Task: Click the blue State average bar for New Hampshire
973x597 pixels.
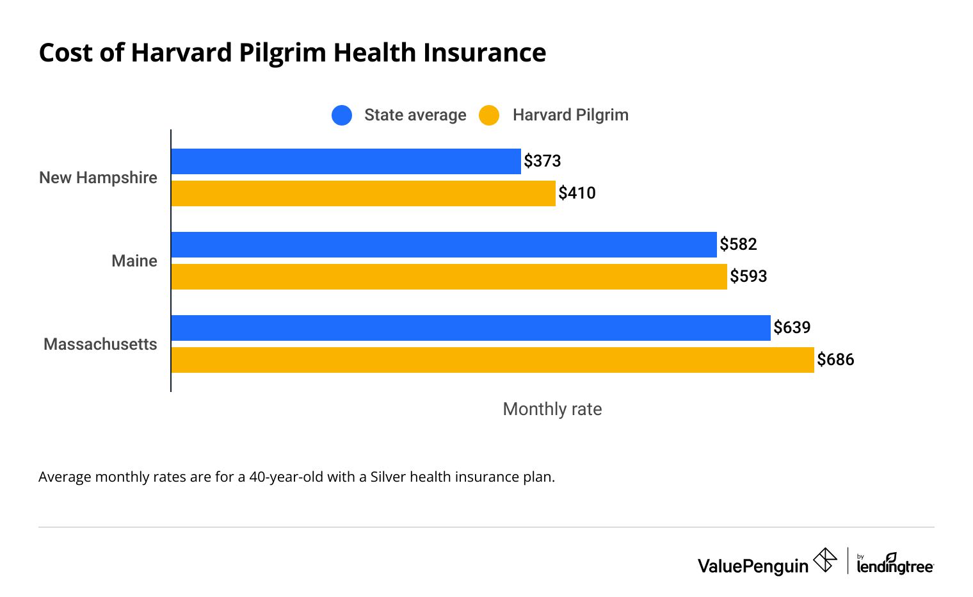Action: [346, 161]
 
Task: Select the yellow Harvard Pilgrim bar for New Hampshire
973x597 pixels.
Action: [363, 193]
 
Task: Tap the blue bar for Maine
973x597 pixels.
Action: [444, 245]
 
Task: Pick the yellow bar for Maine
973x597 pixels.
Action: [449, 277]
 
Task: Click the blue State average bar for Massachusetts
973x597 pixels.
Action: [470, 328]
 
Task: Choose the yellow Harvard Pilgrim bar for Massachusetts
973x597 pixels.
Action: [492, 360]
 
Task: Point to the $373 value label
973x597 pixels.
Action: [542, 161]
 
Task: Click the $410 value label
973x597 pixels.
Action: [577, 193]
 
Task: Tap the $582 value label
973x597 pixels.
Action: [738, 244]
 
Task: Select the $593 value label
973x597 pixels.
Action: [748, 276]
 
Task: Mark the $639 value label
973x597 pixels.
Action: [792, 327]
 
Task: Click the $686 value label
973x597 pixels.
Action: [835, 359]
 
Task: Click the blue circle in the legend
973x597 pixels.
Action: [342, 115]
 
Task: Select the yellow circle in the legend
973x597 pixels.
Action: [489, 115]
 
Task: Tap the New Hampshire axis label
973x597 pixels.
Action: [98, 177]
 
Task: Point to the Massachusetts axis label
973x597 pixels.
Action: [100, 344]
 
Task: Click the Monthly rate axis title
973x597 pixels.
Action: [552, 409]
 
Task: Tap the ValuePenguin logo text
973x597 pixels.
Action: [753, 566]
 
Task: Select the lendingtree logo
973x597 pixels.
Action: [894, 564]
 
